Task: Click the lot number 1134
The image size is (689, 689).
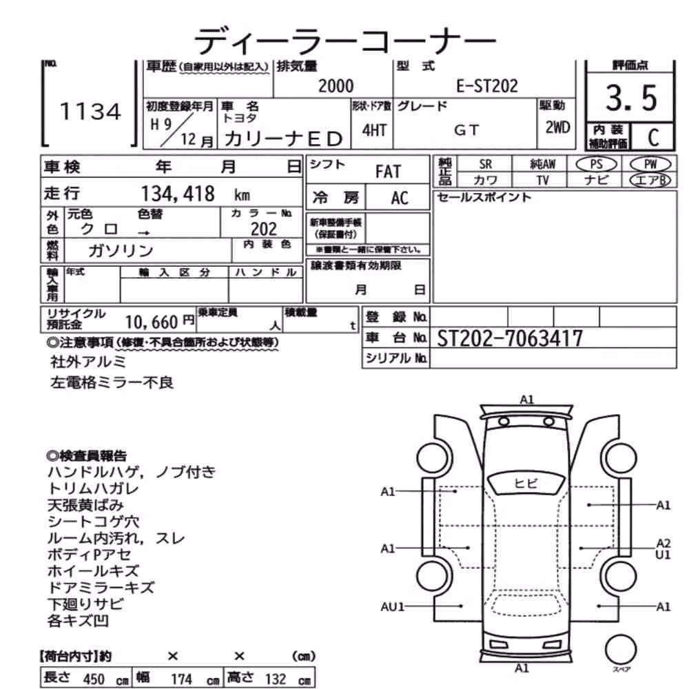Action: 90,111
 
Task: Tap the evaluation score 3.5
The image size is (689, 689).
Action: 631,98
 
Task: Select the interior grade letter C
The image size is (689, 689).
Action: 653,138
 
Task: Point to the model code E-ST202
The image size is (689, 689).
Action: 487,86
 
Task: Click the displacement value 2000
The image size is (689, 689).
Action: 336,86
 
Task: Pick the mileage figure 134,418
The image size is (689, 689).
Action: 178,194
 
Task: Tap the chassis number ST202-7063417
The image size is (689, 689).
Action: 510,338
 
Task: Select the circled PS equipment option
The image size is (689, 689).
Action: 596,165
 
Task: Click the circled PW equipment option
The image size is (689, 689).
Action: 650,165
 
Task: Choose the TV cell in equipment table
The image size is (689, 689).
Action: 543,180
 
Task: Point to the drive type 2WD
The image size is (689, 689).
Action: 557,127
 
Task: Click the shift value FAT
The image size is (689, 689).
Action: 388,172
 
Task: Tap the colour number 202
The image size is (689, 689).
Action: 264,229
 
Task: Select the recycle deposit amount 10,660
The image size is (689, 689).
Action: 152,322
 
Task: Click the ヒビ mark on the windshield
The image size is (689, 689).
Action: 526,484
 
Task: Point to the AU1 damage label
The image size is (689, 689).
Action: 392,607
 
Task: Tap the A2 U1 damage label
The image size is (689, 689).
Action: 663,549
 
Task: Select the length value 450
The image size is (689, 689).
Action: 94,679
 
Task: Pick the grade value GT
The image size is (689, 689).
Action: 466,130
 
